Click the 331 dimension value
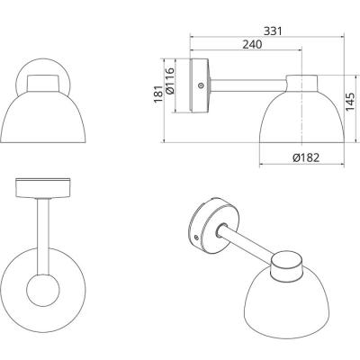point(273,31)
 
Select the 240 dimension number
point(252,44)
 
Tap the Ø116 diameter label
point(169,81)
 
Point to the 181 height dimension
point(158,94)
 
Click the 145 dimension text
point(350,102)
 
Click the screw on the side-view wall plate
point(201,85)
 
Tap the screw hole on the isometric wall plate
point(196,238)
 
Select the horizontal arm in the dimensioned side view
point(248,85)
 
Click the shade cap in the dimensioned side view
point(301,83)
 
